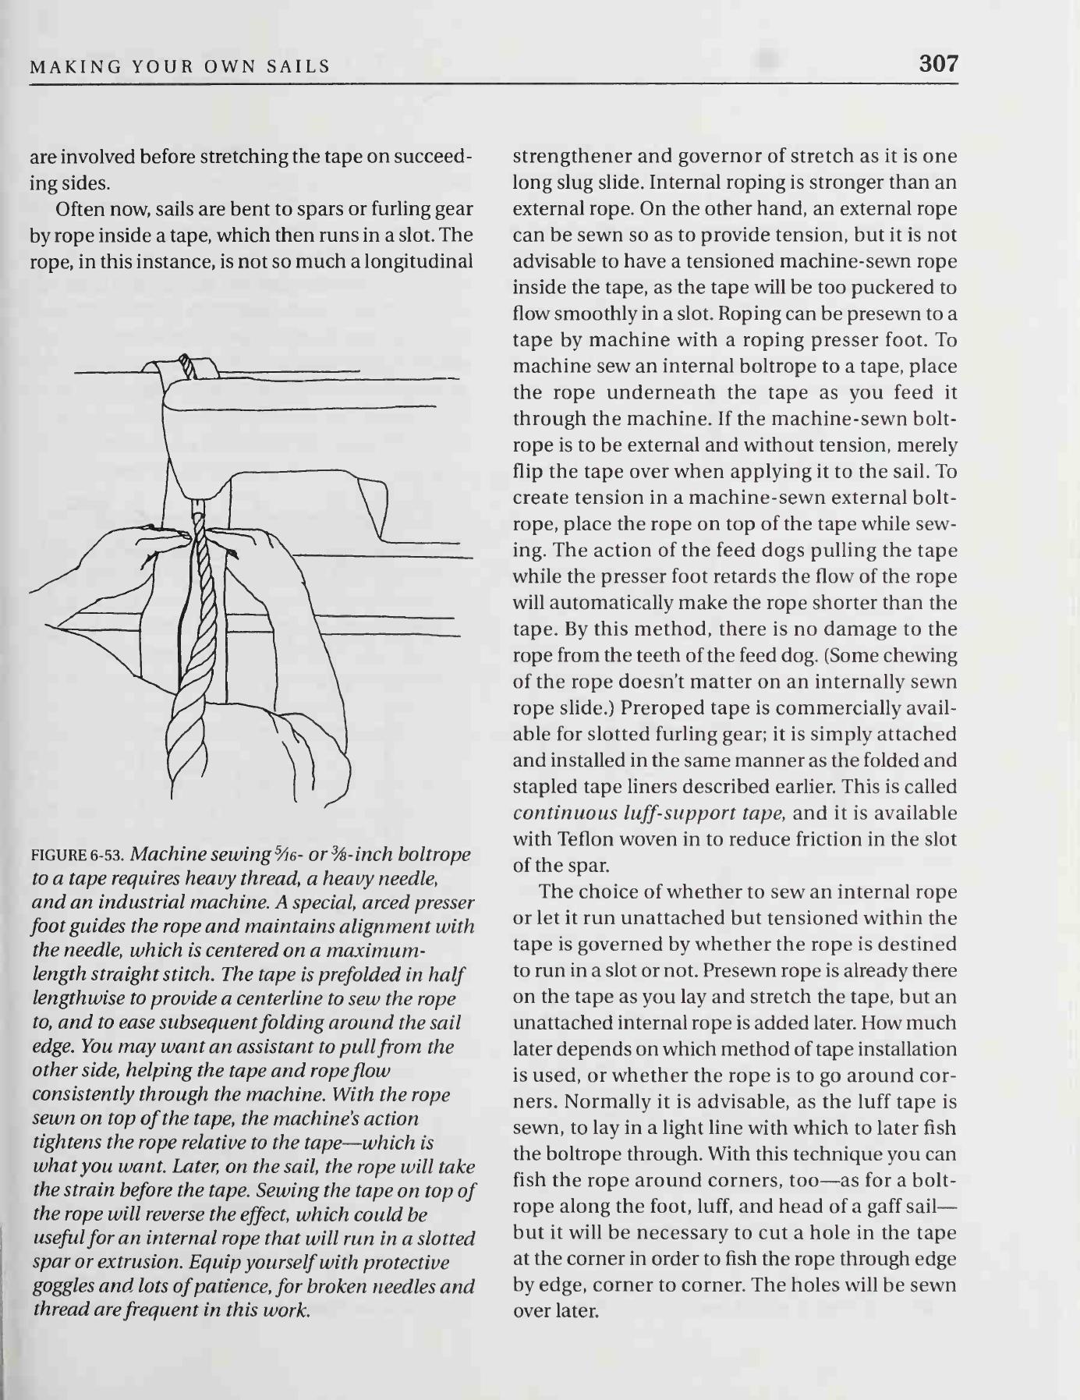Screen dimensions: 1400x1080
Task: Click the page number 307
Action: tap(938, 63)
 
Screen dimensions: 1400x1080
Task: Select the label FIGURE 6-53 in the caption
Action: tap(80, 855)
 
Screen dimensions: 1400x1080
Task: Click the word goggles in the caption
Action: tap(65, 1286)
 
